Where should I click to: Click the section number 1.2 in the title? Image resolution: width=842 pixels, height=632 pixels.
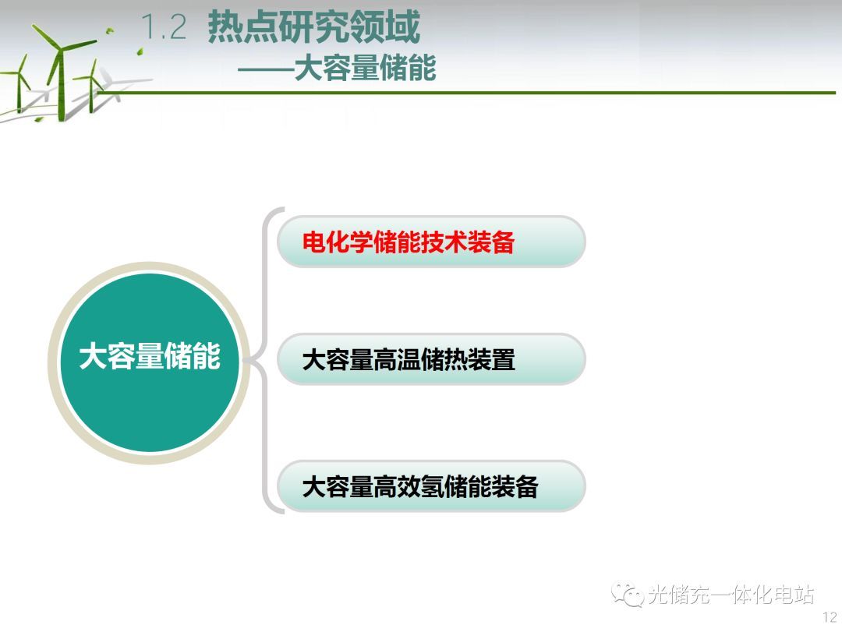tap(164, 27)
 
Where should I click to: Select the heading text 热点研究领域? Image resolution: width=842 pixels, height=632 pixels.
tap(313, 26)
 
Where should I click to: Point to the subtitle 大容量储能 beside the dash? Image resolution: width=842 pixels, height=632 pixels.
tap(365, 68)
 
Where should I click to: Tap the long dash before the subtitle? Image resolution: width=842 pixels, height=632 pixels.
tap(266, 69)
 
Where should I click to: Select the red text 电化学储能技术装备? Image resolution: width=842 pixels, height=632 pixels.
tap(408, 242)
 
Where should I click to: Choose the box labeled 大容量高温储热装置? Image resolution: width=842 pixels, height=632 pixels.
tap(431, 359)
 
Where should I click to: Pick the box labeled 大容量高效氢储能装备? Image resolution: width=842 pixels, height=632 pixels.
tap(431, 486)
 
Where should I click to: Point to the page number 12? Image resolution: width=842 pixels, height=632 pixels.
tap(830, 617)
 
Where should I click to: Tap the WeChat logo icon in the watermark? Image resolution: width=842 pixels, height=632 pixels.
tap(627, 594)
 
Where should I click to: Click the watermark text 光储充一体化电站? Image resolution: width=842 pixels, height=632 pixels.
tap(731, 595)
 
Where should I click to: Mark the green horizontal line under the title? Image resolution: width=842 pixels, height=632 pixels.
tap(466, 93)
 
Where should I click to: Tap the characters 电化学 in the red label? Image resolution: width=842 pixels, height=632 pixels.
tap(338, 242)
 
